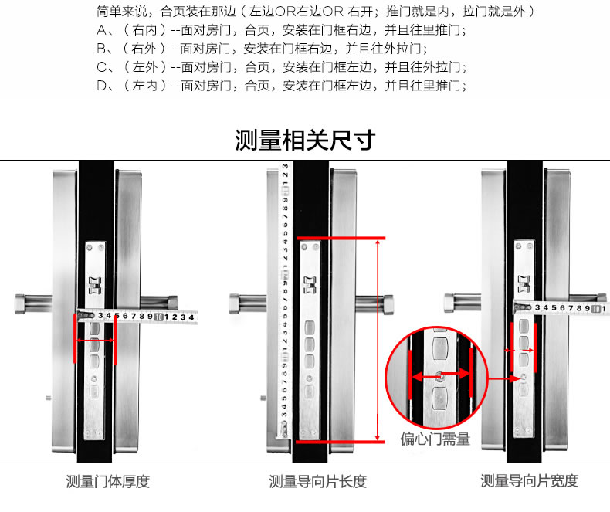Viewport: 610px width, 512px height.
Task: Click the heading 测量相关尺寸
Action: (305, 141)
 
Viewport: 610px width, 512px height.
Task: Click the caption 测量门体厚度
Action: (108, 482)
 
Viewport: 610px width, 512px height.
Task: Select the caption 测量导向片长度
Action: (317, 482)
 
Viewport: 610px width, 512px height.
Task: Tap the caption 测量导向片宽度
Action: (529, 482)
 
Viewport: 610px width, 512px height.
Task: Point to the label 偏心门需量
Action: (435, 439)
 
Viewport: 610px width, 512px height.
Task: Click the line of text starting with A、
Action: (281, 30)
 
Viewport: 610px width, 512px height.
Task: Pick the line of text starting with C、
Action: (281, 67)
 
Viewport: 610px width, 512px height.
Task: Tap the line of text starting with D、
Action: (281, 86)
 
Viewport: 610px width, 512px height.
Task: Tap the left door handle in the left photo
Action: (34, 300)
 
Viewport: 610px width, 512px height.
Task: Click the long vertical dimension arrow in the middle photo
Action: (377, 340)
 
